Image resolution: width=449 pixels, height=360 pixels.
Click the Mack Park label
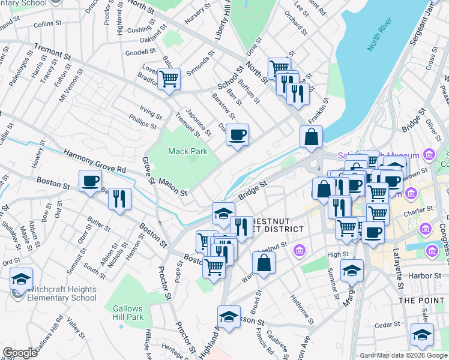[x=187, y=151]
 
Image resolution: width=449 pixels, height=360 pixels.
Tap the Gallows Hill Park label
[x=128, y=313]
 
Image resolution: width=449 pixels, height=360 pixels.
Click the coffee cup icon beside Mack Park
[x=237, y=136]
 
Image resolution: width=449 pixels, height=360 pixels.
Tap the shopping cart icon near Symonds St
[x=169, y=79]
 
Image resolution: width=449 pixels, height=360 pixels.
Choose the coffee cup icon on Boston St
[x=91, y=181]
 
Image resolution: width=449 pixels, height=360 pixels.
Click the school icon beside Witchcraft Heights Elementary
[x=21, y=279]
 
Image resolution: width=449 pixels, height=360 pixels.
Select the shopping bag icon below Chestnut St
[x=264, y=263]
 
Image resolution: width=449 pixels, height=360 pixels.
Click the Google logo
[x=20, y=353]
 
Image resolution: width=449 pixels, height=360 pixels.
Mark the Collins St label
[x=44, y=25]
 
